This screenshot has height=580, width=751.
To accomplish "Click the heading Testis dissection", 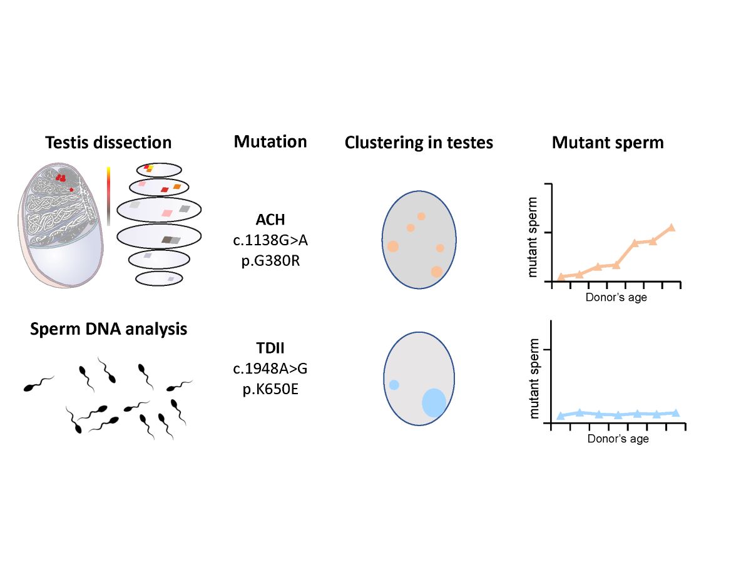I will pyautogui.click(x=108, y=143).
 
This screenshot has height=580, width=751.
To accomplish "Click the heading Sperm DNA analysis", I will pyautogui.click(x=108, y=328).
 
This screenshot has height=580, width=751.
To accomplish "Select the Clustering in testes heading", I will pyautogui.click(x=419, y=143).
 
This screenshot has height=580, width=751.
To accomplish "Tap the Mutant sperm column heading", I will pyautogui.click(x=607, y=143).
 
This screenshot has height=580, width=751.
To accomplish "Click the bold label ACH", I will pyautogui.click(x=270, y=220).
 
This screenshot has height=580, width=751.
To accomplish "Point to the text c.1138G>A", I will pyautogui.click(x=270, y=240).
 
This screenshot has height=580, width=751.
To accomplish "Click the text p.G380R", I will pyautogui.click(x=270, y=260).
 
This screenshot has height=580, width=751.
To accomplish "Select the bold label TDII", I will pyautogui.click(x=270, y=349).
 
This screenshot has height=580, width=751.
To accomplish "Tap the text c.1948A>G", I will pyautogui.click(x=270, y=369).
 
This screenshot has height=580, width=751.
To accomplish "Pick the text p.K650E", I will pyautogui.click(x=270, y=389).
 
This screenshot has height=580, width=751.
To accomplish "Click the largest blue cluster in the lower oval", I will pyautogui.click(x=434, y=402).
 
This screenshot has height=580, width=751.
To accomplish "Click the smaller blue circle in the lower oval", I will pyautogui.click(x=394, y=385).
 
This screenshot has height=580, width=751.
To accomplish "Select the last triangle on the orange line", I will pyautogui.click(x=672, y=228).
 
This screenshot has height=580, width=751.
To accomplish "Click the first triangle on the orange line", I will pyautogui.click(x=561, y=277).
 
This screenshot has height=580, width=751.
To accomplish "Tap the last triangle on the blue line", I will pyautogui.click(x=675, y=413).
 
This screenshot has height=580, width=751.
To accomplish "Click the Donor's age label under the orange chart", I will pyautogui.click(x=616, y=298).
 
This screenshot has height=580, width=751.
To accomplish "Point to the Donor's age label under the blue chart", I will pyautogui.click(x=618, y=439).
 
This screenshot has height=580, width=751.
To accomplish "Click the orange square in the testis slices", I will pyautogui.click(x=177, y=186).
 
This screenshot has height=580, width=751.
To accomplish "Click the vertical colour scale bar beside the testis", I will pyautogui.click(x=108, y=196).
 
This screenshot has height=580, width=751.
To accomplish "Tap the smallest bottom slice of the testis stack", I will pyautogui.click(x=159, y=278).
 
